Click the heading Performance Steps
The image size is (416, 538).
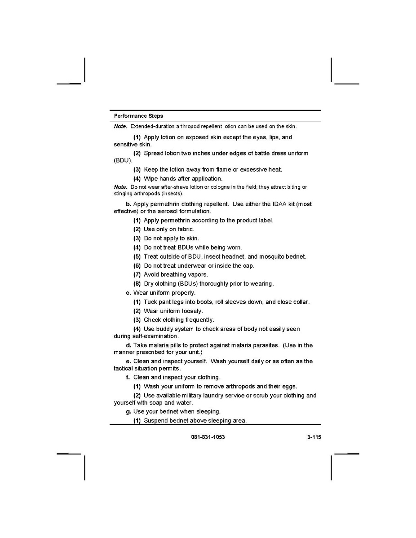138,116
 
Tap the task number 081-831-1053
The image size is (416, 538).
205,437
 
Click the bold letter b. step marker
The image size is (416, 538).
128,204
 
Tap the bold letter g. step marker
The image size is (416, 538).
128,411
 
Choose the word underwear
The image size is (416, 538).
193,265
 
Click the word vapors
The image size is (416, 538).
198,274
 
